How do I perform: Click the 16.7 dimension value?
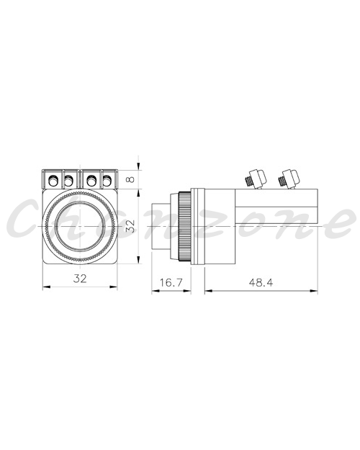coord(171,282)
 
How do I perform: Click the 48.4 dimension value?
coord(261,283)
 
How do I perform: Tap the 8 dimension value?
coord(130,179)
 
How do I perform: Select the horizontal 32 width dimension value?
coord(79,279)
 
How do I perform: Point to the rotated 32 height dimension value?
coord(130,226)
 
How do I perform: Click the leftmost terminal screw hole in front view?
coord(53,181)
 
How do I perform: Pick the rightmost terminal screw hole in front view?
coord(107,181)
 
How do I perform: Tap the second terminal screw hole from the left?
coord(68,181)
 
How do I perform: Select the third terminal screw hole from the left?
coord(91,181)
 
